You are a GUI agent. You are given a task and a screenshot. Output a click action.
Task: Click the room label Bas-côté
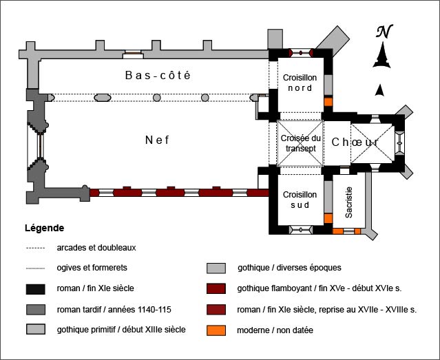[x=157, y=75]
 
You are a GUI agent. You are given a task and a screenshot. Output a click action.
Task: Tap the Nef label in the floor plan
[x=157, y=140]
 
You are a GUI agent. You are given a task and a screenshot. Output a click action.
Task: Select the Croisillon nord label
[x=297, y=83]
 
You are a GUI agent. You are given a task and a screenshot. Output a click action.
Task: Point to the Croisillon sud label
[x=300, y=200]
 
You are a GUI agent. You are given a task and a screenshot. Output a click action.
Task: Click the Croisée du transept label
[x=299, y=142]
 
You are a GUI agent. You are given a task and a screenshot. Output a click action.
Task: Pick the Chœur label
[x=355, y=142]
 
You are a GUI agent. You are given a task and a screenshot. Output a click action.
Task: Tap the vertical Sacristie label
[x=349, y=203]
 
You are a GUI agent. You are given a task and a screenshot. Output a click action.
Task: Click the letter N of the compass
[x=384, y=32]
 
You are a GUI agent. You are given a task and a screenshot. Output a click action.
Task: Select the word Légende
[x=44, y=227]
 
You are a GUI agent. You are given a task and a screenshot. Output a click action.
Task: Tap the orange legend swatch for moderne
[x=217, y=330]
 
